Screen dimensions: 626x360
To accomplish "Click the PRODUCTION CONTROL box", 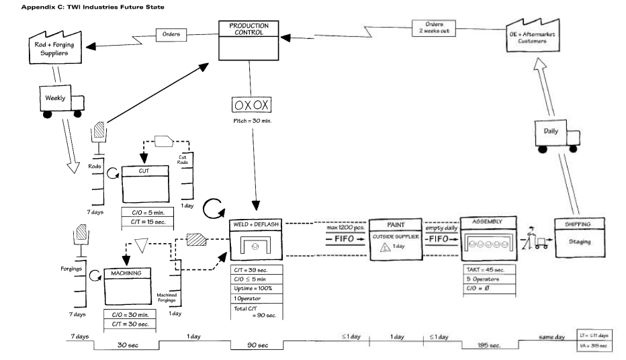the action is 249,40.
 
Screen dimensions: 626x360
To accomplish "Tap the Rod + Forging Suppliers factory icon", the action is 55,48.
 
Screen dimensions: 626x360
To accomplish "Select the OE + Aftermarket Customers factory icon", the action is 533,36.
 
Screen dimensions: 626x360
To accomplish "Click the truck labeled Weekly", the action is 62,101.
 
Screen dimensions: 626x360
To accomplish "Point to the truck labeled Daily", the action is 557,136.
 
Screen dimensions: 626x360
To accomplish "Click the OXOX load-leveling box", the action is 251,105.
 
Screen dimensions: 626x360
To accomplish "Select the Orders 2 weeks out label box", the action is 434,28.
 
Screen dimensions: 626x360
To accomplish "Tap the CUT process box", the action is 145,184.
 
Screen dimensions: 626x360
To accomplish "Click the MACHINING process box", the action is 128,287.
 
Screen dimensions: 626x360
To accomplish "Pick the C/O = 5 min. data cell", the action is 147,213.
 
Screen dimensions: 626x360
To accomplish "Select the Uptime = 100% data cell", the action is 257,289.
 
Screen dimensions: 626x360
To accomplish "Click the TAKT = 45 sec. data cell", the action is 489,269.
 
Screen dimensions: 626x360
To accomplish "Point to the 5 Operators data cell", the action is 489,279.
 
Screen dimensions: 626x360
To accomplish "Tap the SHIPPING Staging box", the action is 579,238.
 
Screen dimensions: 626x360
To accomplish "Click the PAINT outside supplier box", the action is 396,240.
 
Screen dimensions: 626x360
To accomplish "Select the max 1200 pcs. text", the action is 345,228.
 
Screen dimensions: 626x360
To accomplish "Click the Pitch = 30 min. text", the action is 253,120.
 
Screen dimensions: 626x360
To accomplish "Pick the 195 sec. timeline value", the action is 489,345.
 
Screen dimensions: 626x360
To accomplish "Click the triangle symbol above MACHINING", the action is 141,245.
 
